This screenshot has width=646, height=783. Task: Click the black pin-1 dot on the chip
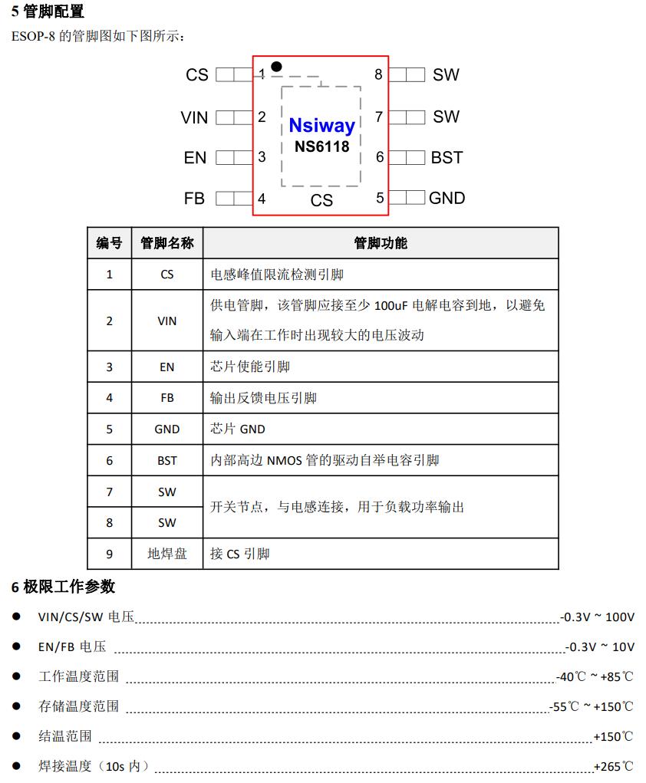(x=276, y=67)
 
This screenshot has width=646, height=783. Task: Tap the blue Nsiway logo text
(x=321, y=126)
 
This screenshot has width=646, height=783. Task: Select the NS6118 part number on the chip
(x=321, y=146)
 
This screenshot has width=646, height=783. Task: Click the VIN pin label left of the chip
(x=194, y=117)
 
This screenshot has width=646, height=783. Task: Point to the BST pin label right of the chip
(x=447, y=157)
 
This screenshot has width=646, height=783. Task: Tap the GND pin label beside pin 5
(x=447, y=198)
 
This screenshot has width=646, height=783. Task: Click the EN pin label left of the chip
(x=195, y=157)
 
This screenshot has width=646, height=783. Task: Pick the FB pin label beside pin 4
(x=194, y=198)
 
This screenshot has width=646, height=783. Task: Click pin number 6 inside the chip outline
(x=379, y=157)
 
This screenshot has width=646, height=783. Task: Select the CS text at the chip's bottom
(x=321, y=200)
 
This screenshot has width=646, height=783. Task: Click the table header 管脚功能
(x=381, y=243)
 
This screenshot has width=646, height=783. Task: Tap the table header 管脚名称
(x=166, y=243)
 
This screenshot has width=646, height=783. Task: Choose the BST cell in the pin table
(x=166, y=461)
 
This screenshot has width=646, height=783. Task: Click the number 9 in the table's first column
(x=109, y=554)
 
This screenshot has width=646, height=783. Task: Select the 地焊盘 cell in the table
(x=166, y=554)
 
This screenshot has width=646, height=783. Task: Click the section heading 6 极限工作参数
(x=63, y=587)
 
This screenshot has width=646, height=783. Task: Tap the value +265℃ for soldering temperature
(x=613, y=766)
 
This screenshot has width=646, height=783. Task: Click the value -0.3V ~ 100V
(x=598, y=617)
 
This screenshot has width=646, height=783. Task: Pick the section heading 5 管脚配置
(x=48, y=12)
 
